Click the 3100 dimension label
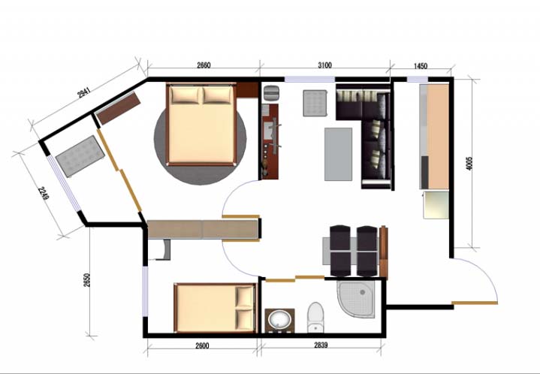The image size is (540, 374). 324,65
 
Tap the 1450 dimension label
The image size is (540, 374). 420,66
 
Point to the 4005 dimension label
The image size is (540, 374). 469,163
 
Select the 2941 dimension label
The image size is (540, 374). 84,92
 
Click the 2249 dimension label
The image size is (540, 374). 44,193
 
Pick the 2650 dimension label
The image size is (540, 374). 87,280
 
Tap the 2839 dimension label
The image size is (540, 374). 321,345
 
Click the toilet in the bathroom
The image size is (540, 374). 315,317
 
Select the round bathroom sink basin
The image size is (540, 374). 279,320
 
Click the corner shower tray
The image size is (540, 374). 356,298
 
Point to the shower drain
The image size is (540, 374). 362,292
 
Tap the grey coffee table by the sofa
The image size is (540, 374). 338,154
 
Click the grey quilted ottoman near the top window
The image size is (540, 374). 315,103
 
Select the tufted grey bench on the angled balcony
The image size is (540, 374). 80,156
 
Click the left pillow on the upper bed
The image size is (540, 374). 186,95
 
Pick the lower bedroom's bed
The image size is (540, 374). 216,308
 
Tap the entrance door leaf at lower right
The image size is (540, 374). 475,303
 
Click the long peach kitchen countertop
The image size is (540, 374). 438,137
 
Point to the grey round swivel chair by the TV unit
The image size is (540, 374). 271,93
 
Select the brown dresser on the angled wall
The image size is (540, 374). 118,108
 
